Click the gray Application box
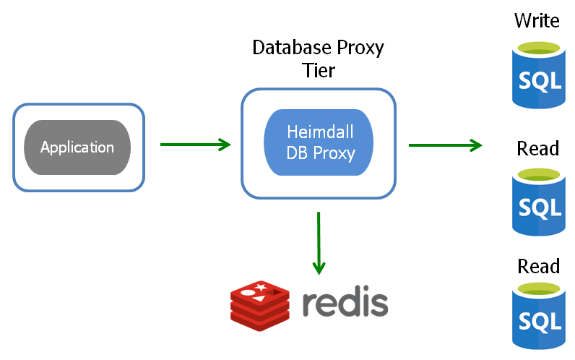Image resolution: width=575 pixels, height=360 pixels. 77,147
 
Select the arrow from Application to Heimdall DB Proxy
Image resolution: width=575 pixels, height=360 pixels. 194,145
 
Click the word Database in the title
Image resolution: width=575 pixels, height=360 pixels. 286,48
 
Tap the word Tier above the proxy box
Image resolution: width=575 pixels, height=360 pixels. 318,71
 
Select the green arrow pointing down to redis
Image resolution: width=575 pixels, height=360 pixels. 318,243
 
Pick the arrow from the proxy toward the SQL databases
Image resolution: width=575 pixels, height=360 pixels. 444,145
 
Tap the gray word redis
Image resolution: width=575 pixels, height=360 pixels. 345,304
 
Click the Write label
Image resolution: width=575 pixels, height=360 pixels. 537,20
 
